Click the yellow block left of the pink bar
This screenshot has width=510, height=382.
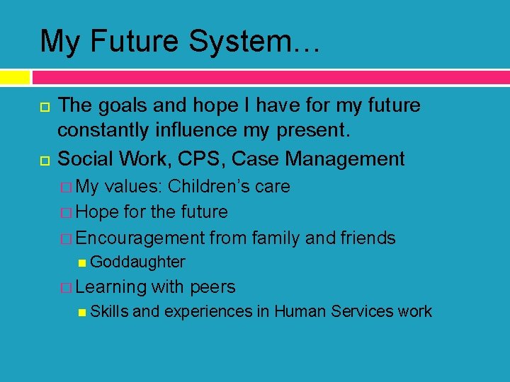(15, 77)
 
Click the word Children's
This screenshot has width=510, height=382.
(205, 187)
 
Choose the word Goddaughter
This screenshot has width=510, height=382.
(138, 262)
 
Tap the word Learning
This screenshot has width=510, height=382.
(110, 286)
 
